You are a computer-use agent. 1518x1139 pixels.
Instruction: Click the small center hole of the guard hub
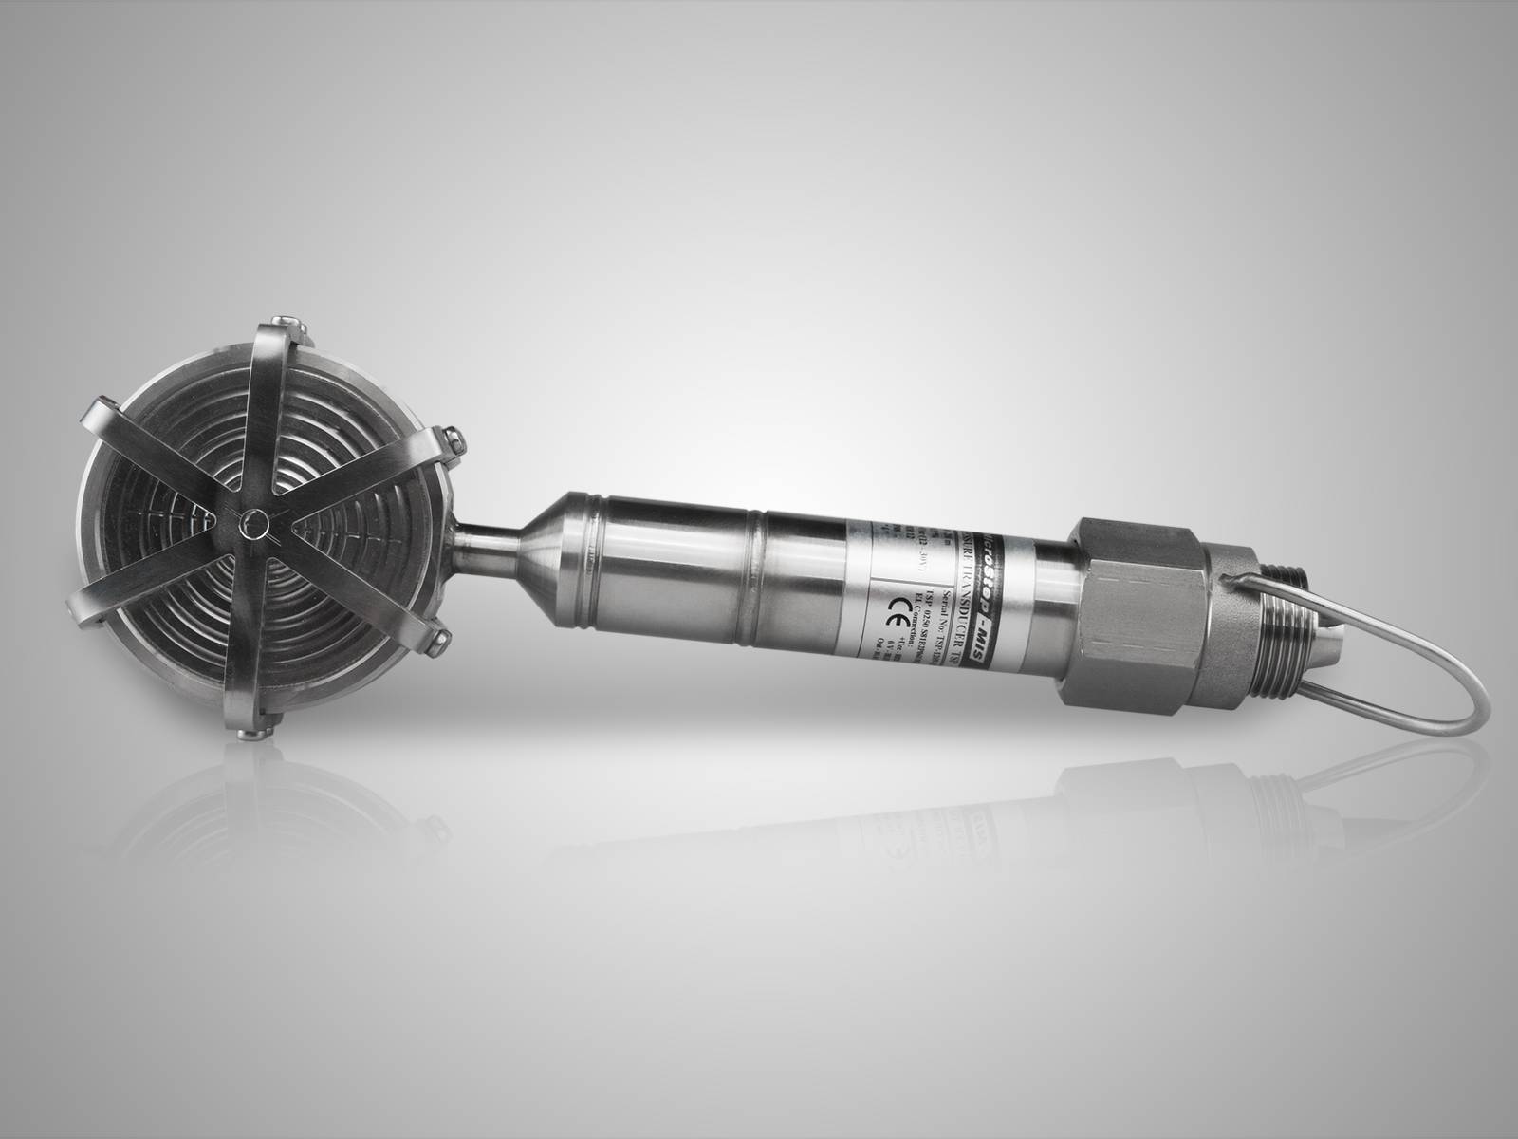253,522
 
